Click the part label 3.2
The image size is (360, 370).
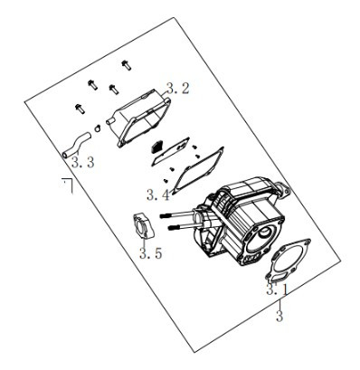(x=178, y=89)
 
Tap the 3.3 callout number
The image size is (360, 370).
(x=82, y=162)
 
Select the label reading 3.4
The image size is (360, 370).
(x=157, y=194)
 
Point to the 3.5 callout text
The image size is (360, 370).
(x=150, y=254)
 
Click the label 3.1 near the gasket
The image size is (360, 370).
(x=278, y=290)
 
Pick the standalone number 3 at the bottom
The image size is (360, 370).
(x=279, y=316)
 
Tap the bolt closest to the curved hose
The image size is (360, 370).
(x=78, y=109)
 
